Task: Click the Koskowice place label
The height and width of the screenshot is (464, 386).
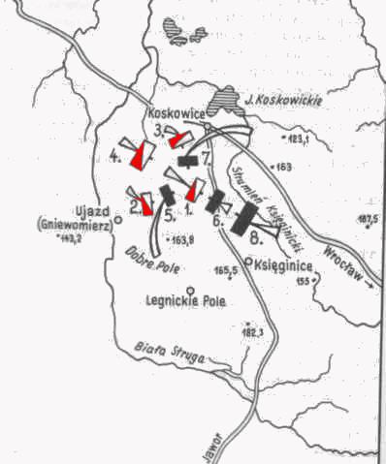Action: tap(175, 112)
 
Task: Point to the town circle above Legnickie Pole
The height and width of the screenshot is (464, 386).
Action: tap(191, 289)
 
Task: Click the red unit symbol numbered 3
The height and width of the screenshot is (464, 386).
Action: tap(177, 140)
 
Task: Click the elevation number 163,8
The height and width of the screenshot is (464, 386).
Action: tap(180, 238)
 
